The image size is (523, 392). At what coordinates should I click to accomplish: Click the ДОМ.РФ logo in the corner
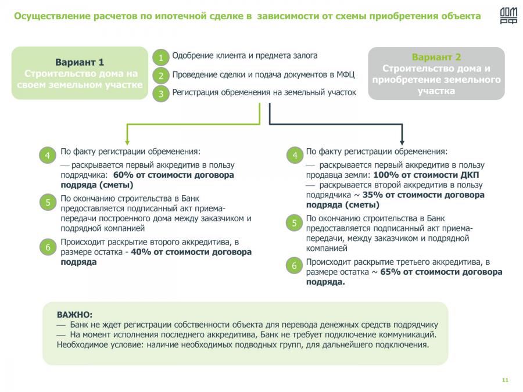click(508, 16)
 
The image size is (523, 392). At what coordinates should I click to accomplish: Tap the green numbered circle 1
click(161, 57)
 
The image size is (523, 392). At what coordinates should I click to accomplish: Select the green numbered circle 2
click(161, 75)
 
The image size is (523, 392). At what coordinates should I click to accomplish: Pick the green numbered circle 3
click(161, 93)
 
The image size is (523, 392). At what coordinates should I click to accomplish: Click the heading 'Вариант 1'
click(80, 62)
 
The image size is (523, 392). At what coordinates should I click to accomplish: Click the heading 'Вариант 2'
click(436, 57)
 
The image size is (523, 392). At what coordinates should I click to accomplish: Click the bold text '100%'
click(384, 175)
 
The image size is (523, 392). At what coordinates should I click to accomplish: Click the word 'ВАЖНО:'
click(74, 314)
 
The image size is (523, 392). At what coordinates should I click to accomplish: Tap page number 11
click(504, 380)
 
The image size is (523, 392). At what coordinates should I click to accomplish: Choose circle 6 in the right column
click(295, 266)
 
